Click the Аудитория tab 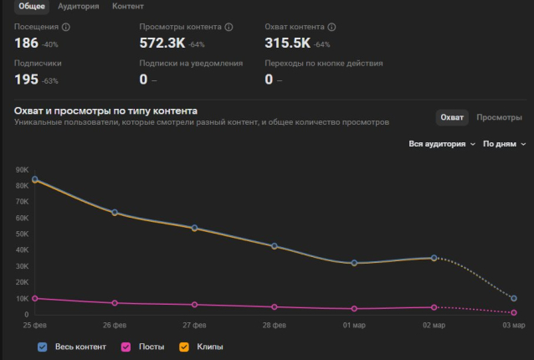coord(78,7)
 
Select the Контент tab coord(127,7)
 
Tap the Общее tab coord(32,7)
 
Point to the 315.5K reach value coord(287,43)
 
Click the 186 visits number coord(26,43)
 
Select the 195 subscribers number coord(26,79)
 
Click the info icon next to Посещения coord(66,27)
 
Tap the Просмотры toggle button coord(499,117)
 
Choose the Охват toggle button coord(453,117)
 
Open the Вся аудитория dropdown coord(442,144)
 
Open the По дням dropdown coord(504,144)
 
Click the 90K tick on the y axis coord(21,170)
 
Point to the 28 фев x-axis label coord(274,325)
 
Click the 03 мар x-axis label coord(513,325)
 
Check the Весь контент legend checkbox coord(43,347)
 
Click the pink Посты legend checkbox coord(126,347)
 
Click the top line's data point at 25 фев coord(35,179)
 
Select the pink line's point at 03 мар coord(514,312)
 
